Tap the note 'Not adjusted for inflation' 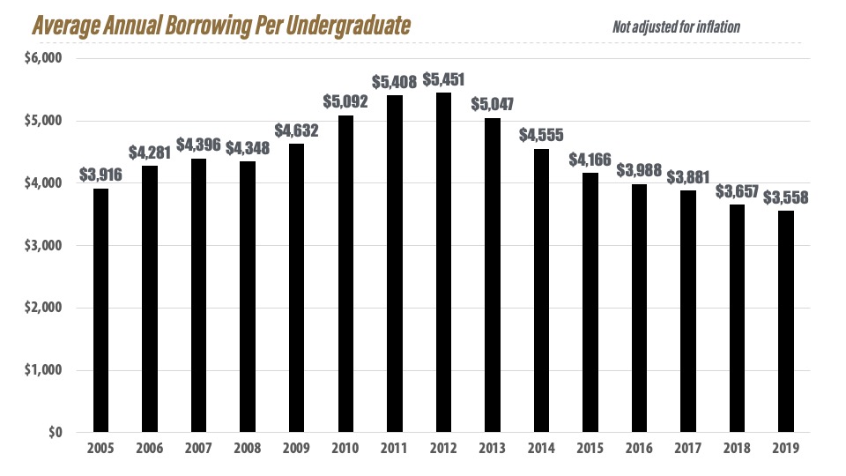click(x=676, y=27)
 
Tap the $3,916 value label click(x=100, y=175)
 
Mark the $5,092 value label click(x=345, y=102)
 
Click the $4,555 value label click(x=541, y=136)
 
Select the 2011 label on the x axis click(x=395, y=449)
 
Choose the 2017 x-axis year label click(x=687, y=449)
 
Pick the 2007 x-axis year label click(x=199, y=449)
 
